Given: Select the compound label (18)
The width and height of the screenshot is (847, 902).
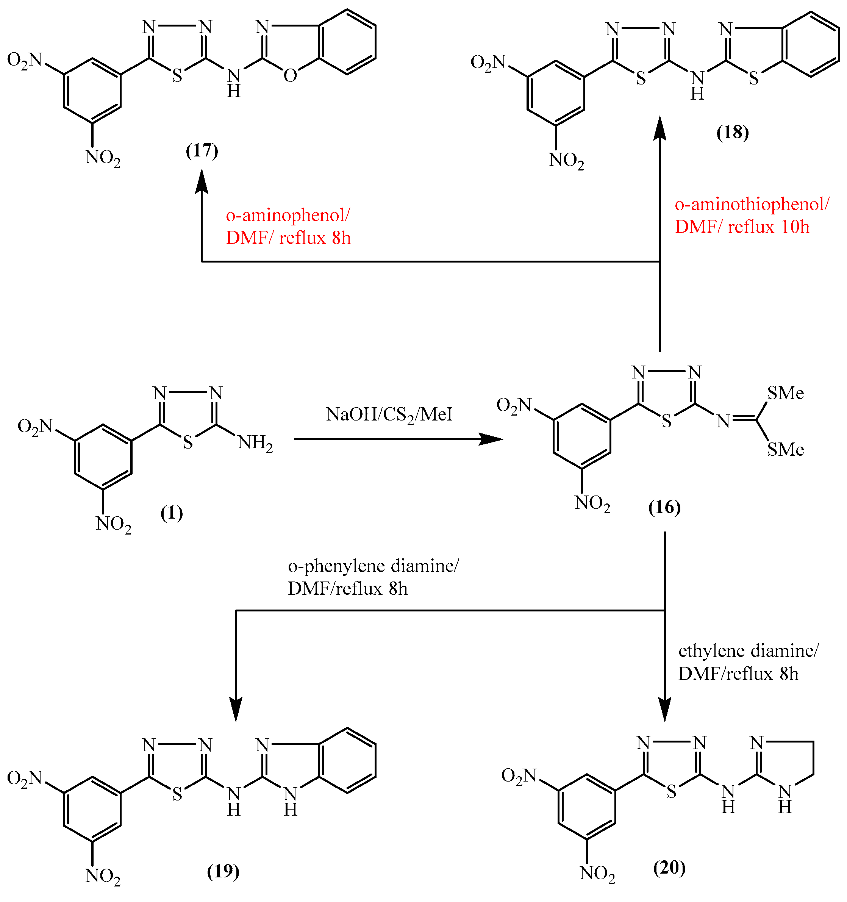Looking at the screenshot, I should click(732, 132).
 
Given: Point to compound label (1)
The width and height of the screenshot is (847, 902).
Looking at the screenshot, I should click(172, 513).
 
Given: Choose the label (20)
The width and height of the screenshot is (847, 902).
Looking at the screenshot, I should click(669, 867).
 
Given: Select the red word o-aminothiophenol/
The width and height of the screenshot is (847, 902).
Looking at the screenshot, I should click(752, 204).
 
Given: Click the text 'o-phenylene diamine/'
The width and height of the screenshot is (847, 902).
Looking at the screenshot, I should click(373, 566).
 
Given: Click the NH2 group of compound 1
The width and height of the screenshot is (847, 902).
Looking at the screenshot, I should click(255, 442).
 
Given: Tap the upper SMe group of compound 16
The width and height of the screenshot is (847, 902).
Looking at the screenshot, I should click(785, 393).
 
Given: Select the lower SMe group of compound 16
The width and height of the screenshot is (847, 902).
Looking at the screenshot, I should click(785, 449).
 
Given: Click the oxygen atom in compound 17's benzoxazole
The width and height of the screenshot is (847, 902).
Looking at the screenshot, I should click(290, 76).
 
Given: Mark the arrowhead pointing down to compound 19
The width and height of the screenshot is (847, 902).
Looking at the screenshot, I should click(236, 709).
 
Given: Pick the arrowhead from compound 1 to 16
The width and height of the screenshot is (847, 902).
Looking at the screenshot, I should click(492, 439).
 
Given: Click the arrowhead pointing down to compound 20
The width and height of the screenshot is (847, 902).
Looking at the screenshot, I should click(665, 709).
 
